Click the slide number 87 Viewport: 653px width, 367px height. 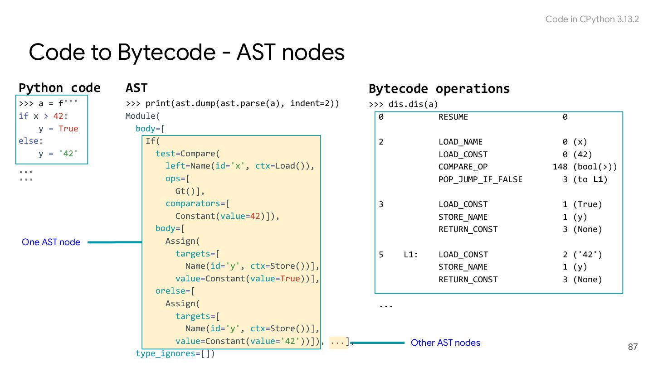(633, 347)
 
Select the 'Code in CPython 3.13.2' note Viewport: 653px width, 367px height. (592, 19)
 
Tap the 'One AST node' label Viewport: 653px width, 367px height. (51, 242)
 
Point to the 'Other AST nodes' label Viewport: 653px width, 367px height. (445, 343)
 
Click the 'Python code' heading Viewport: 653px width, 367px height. (59, 87)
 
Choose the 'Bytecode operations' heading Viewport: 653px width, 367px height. (439, 88)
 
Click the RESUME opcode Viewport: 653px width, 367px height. (453, 117)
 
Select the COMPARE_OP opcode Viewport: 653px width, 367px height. (463, 167)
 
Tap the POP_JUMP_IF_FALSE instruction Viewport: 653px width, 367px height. (480, 179)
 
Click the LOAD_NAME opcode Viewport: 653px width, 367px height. (460, 142)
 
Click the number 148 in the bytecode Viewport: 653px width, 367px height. (560, 167)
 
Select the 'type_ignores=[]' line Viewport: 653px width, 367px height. (175, 353)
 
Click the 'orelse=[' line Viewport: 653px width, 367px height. (175, 291)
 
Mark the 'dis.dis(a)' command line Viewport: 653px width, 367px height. (404, 105)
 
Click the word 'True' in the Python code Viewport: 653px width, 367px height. (68, 129)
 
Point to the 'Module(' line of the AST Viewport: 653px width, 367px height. (143, 116)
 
